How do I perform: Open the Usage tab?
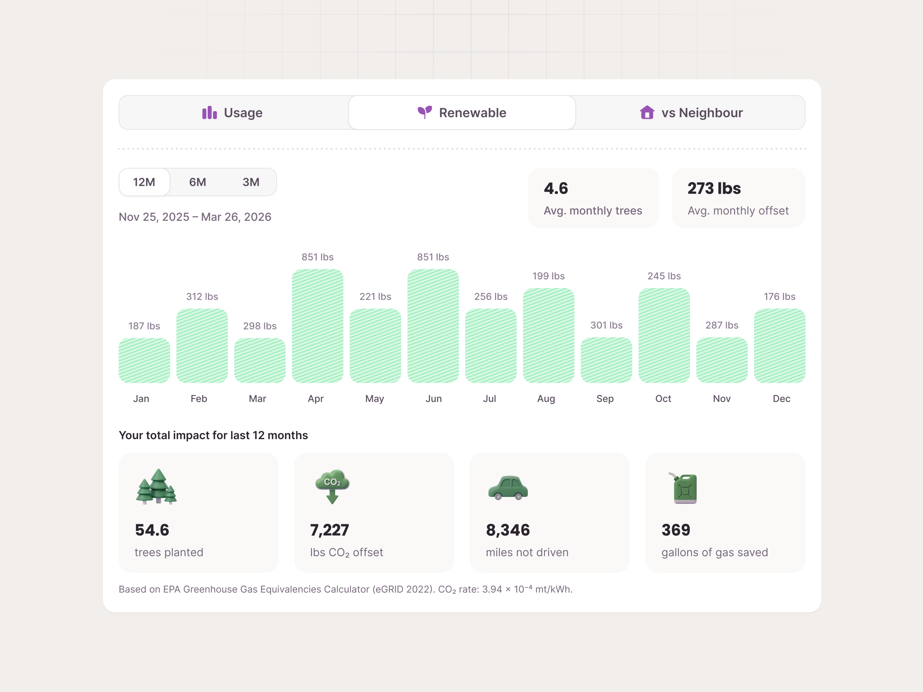point(232,113)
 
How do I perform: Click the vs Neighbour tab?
point(691,113)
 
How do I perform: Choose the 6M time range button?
point(197,182)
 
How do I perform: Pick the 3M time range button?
point(251,182)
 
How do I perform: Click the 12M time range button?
point(144,182)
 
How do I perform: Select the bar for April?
point(318,326)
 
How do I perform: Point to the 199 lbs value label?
point(548,276)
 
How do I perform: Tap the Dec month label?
point(781,399)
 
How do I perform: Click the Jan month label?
point(141,399)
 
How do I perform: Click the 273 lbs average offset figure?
point(714,189)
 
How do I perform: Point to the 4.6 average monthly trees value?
point(556,189)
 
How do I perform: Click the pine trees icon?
point(156,487)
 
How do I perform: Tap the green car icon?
point(508,488)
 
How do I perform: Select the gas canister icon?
point(684,488)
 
